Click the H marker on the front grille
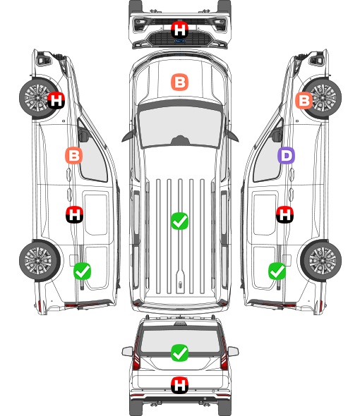(179, 30)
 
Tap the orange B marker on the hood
(179, 82)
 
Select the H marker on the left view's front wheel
(56, 100)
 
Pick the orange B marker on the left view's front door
(74, 155)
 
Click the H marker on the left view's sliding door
(74, 214)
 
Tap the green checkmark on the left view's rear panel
(82, 271)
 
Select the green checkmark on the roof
(179, 221)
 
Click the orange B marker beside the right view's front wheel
(304, 100)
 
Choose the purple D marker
(286, 155)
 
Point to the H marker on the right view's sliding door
(284, 214)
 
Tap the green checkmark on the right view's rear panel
(277, 271)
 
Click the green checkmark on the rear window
(179, 353)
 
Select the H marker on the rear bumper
(179, 385)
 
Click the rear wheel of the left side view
(40, 260)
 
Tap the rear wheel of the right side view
(321, 260)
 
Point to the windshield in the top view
(180, 126)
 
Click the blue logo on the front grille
(179, 41)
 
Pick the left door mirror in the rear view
(127, 352)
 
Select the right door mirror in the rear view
(233, 352)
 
